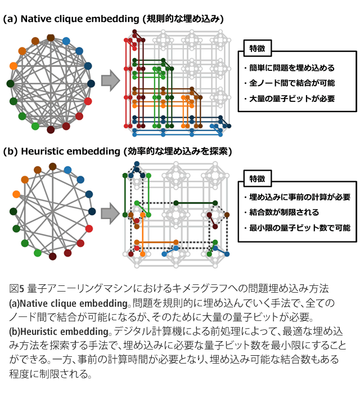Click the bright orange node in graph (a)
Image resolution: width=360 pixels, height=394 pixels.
(x=13, y=66)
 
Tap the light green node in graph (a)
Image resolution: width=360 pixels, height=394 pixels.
(x=35, y=126)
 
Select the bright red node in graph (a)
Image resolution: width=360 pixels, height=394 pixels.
(x=88, y=101)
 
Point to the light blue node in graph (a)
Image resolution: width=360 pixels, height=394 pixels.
(x=66, y=41)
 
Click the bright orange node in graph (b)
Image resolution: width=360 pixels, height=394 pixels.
(x=16, y=194)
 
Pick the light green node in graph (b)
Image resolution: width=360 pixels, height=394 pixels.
(x=38, y=253)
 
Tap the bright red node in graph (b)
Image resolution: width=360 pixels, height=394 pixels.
(x=89, y=229)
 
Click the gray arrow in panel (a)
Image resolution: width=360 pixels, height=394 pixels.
(x=110, y=80)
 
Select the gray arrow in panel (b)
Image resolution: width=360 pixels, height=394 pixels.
(x=110, y=213)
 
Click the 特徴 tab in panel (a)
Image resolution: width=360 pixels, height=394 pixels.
(x=258, y=48)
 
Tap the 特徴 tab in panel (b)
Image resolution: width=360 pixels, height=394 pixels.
(x=258, y=178)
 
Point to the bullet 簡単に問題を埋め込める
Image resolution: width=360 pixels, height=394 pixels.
(x=289, y=68)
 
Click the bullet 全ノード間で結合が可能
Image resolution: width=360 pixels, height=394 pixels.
(x=289, y=83)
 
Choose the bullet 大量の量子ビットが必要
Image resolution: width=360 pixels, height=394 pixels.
(x=289, y=98)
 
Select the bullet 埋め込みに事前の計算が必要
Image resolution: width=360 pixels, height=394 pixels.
(x=297, y=197)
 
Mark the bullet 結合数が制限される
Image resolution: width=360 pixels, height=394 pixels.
(x=281, y=212)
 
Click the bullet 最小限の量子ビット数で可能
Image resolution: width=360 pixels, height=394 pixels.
(x=297, y=228)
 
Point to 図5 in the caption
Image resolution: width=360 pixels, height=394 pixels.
(x=16, y=288)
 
